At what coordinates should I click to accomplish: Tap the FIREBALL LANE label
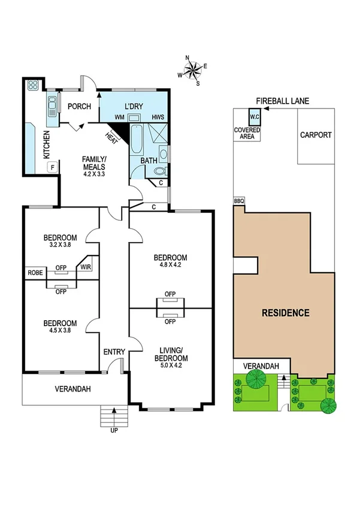pos(282,101)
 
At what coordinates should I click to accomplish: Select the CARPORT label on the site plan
pos(316,135)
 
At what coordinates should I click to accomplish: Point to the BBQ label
pos(239,201)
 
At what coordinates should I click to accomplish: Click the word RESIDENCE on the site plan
pos(285,312)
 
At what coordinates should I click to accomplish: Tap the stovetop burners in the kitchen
pos(33,85)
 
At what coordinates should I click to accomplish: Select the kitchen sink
pos(52,106)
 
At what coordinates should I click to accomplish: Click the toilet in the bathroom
pos(159,171)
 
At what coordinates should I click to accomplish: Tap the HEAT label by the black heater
pos(111,137)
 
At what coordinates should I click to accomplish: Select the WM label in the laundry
pos(119,117)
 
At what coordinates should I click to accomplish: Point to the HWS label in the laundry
pos(158,117)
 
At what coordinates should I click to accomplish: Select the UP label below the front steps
pos(114,429)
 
